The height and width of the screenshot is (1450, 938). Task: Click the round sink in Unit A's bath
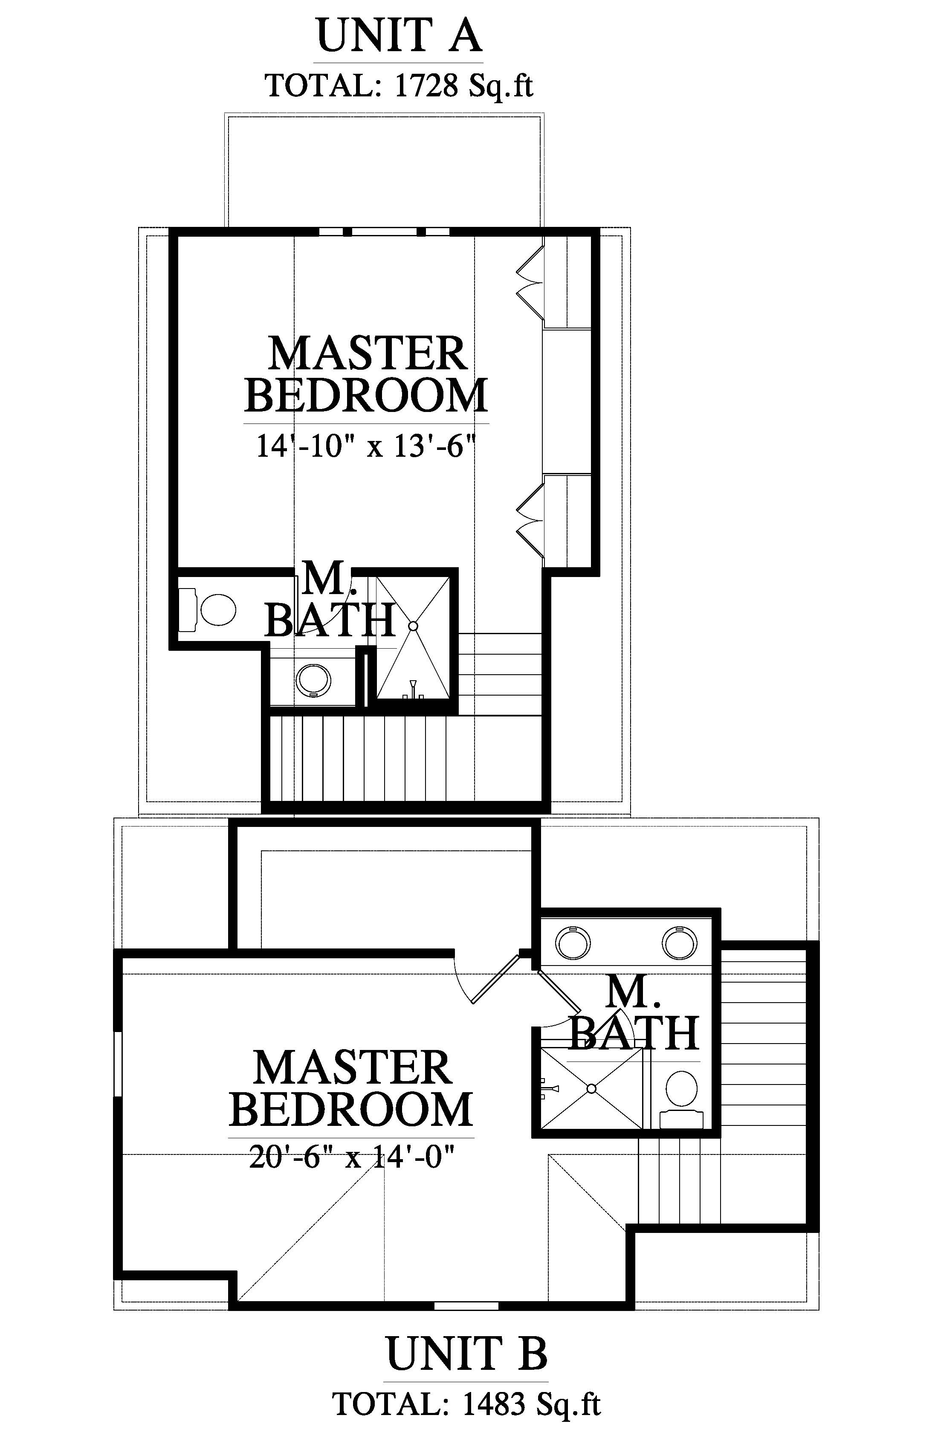point(314,680)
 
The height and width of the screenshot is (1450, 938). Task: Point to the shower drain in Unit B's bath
point(591,1089)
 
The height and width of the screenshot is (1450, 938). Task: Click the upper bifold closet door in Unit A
point(530,282)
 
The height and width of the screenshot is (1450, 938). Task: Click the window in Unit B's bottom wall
point(466,1305)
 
